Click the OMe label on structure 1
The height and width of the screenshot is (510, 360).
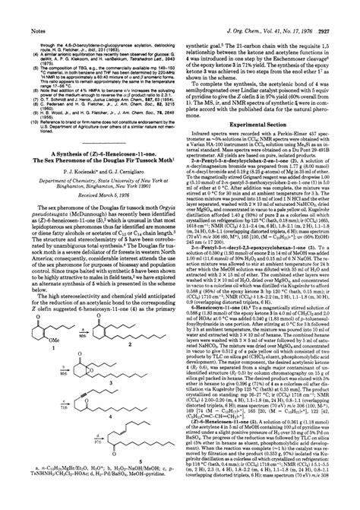pyautogui.click(x=50, y=346)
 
